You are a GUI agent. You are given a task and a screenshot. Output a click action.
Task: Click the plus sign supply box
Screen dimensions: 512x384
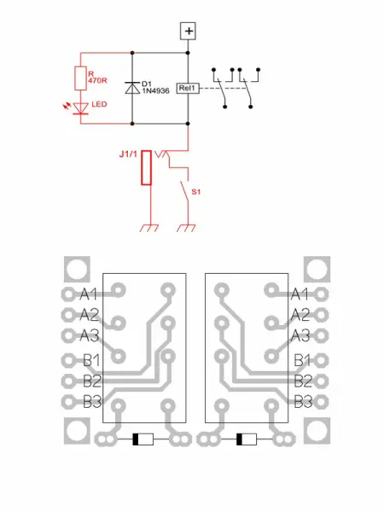[189, 31]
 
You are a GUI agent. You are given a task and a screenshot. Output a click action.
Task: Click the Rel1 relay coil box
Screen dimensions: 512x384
[188, 87]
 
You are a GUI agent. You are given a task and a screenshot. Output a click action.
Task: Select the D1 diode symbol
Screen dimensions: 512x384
[132, 87]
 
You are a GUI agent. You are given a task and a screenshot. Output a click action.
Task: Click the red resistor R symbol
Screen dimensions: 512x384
[81, 78]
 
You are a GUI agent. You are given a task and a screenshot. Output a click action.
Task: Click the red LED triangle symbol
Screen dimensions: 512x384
[81, 108]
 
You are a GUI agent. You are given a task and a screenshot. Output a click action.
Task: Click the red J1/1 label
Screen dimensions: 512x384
[131, 155]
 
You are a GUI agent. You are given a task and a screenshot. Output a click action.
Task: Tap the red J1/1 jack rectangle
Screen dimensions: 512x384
[147, 167]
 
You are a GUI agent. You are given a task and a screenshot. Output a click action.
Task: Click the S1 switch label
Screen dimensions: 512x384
[195, 191]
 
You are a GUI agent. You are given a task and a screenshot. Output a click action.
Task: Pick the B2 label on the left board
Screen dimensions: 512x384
[92, 380]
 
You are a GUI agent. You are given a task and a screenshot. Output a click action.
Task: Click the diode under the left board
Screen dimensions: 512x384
[142, 439]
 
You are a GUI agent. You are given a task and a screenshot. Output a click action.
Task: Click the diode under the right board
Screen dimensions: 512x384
[245, 439]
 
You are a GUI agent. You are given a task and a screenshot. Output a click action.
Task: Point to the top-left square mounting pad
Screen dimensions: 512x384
[75, 270]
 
